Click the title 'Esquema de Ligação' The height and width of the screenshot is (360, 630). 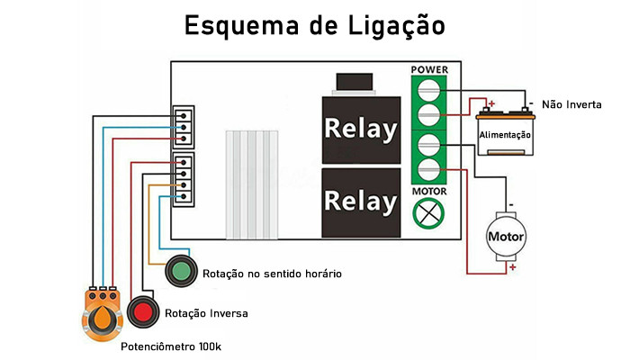(314, 24)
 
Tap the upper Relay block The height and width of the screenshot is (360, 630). (361, 130)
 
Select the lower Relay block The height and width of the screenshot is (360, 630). (361, 200)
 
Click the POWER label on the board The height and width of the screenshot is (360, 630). (429, 69)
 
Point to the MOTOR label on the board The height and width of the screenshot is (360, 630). (429, 192)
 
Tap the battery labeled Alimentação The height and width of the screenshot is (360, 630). (504, 132)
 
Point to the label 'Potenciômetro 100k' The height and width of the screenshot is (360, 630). (171, 346)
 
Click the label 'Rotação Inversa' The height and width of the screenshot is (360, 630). (206, 313)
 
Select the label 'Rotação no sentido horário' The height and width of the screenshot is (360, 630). (272, 273)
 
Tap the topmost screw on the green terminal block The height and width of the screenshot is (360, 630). (429, 89)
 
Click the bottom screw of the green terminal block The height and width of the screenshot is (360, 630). (429, 171)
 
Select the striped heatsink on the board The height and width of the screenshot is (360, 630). (253, 181)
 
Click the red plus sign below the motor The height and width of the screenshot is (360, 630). (512, 267)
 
